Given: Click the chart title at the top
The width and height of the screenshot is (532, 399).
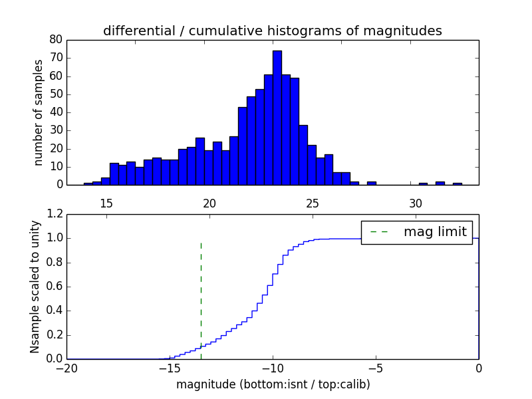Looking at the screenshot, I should [x=272, y=31].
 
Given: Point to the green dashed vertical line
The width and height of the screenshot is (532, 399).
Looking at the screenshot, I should [x=201, y=299].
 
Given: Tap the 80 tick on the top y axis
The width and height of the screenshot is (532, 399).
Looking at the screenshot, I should [x=56, y=40].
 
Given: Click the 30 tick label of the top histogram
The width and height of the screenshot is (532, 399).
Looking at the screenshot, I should [x=416, y=203].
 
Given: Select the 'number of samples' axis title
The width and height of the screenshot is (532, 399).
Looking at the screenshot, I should [x=39, y=112].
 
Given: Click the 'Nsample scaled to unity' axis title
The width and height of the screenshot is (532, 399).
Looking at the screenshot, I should [x=35, y=287].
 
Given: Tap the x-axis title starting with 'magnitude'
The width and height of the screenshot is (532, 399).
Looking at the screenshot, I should [x=273, y=384].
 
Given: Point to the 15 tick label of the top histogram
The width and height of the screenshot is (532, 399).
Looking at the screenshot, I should [x=106, y=203].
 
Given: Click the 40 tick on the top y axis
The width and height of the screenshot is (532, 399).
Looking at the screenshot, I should [x=56, y=112].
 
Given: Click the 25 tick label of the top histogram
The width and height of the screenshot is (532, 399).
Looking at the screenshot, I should [x=313, y=203].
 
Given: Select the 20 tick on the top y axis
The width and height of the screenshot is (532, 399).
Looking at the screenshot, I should [x=56, y=148].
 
